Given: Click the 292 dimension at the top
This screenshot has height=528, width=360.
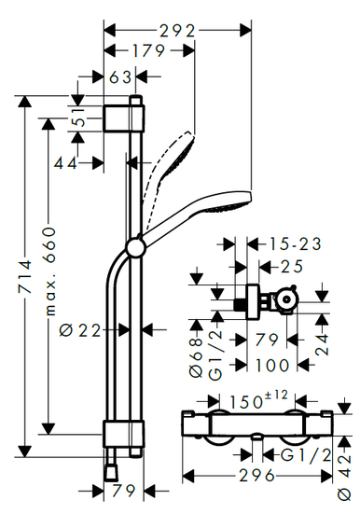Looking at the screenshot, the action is (177, 32).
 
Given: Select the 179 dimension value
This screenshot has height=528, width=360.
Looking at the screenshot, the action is (148, 51).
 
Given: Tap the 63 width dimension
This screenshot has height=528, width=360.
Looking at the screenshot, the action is (120, 77).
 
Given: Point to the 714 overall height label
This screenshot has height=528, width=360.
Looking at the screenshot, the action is (25, 276).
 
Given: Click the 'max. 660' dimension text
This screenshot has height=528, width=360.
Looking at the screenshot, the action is (49, 271).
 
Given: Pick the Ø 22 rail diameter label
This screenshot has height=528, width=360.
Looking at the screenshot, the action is (80, 330).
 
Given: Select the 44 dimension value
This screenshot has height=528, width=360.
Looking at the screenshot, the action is (65, 163).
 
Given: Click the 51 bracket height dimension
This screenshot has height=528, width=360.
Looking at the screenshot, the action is (79, 117).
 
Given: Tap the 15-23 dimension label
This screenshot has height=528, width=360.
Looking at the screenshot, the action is (295, 244).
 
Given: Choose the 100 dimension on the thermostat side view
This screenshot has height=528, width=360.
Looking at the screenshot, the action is (272, 366).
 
